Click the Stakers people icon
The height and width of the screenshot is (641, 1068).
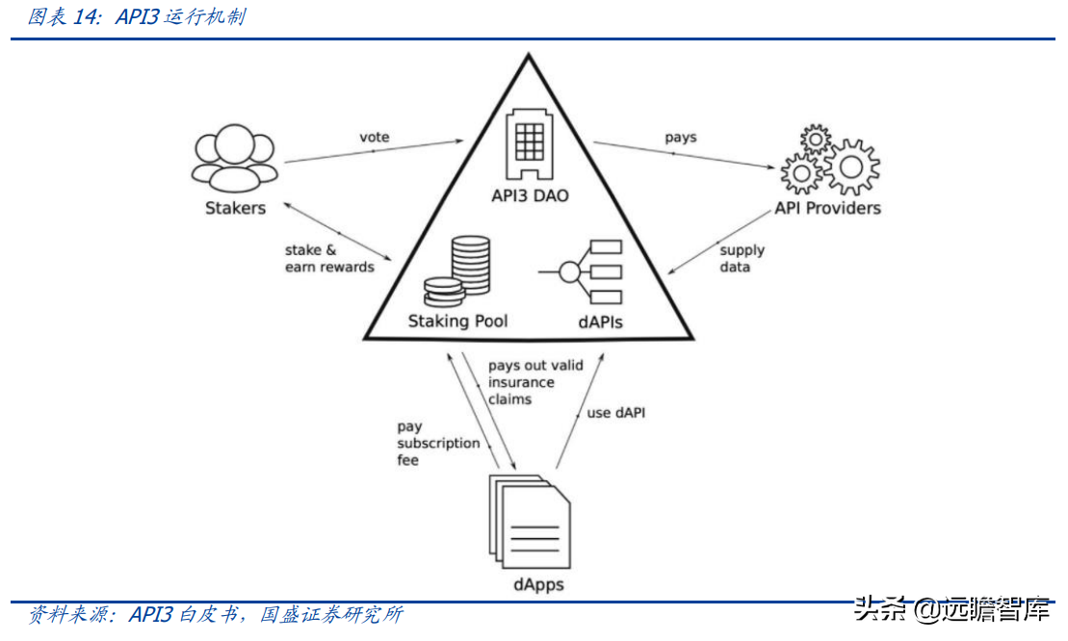[x=234, y=159]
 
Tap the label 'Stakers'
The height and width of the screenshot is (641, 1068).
[x=235, y=208]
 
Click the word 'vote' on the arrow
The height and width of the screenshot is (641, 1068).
[x=375, y=137]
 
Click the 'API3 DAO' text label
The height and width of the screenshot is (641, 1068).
[x=531, y=196]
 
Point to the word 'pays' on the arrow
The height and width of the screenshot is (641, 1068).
[x=680, y=138]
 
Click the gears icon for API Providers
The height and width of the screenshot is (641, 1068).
[x=829, y=161]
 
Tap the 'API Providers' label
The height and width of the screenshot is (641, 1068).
[x=828, y=208]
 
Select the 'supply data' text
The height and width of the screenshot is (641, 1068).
[x=742, y=258]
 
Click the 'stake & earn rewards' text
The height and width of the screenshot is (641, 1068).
[x=329, y=258]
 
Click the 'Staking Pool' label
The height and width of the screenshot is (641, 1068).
[x=457, y=320]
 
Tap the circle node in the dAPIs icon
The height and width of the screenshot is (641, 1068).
[x=569, y=272]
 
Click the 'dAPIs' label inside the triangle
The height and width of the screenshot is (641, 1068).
[x=600, y=321]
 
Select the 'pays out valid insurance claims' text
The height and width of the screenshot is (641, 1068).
[x=534, y=382]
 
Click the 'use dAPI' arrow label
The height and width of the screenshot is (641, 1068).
[x=616, y=412]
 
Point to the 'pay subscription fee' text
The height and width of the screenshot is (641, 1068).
[x=438, y=443]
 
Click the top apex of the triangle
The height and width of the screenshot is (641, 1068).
[x=528, y=56]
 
